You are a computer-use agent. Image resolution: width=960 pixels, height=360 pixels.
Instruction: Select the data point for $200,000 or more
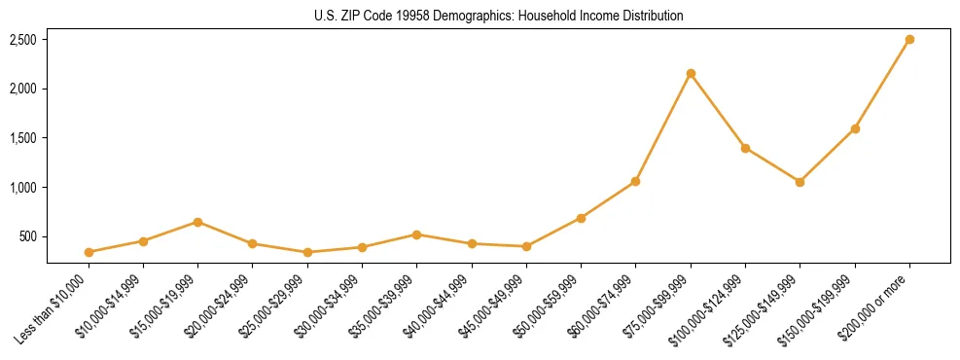(909, 40)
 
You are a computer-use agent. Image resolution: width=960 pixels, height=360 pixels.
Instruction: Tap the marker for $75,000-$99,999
(691, 74)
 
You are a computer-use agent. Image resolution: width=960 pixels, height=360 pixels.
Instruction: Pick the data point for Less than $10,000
(89, 252)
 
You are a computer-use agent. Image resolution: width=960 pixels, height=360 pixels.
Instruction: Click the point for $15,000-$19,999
(198, 222)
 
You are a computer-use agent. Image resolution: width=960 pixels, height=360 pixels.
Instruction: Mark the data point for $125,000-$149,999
(800, 182)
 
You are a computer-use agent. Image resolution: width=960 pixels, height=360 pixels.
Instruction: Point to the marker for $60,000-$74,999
(636, 181)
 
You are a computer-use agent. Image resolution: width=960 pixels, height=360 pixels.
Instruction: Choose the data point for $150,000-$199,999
(855, 128)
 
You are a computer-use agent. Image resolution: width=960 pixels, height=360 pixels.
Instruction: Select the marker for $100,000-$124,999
(745, 148)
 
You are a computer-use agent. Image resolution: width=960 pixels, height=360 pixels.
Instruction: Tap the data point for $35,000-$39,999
(417, 234)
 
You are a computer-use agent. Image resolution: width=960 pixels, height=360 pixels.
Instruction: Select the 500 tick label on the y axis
(28, 236)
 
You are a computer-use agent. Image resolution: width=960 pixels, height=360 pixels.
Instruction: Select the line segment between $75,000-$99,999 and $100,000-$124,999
(718, 111)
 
